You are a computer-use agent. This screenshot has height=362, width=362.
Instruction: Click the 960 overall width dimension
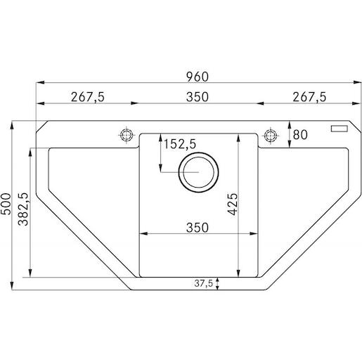pos(197,77)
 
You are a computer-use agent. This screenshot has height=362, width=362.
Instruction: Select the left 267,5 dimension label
pos(88,97)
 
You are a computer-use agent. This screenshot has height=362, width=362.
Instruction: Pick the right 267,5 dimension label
pos(309,97)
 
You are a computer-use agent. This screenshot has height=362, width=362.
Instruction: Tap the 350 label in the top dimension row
pos(197,97)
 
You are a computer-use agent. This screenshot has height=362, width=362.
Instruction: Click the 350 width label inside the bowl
pos(197,228)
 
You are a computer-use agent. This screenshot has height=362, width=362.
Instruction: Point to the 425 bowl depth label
pos(233,204)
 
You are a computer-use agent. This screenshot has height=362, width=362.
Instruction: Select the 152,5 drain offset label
pos(179,144)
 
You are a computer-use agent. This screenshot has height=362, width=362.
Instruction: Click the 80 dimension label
pos(300,135)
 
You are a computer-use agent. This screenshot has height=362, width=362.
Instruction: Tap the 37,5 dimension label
pos(203,283)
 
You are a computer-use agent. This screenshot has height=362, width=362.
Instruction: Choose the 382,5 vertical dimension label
pos(23,209)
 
